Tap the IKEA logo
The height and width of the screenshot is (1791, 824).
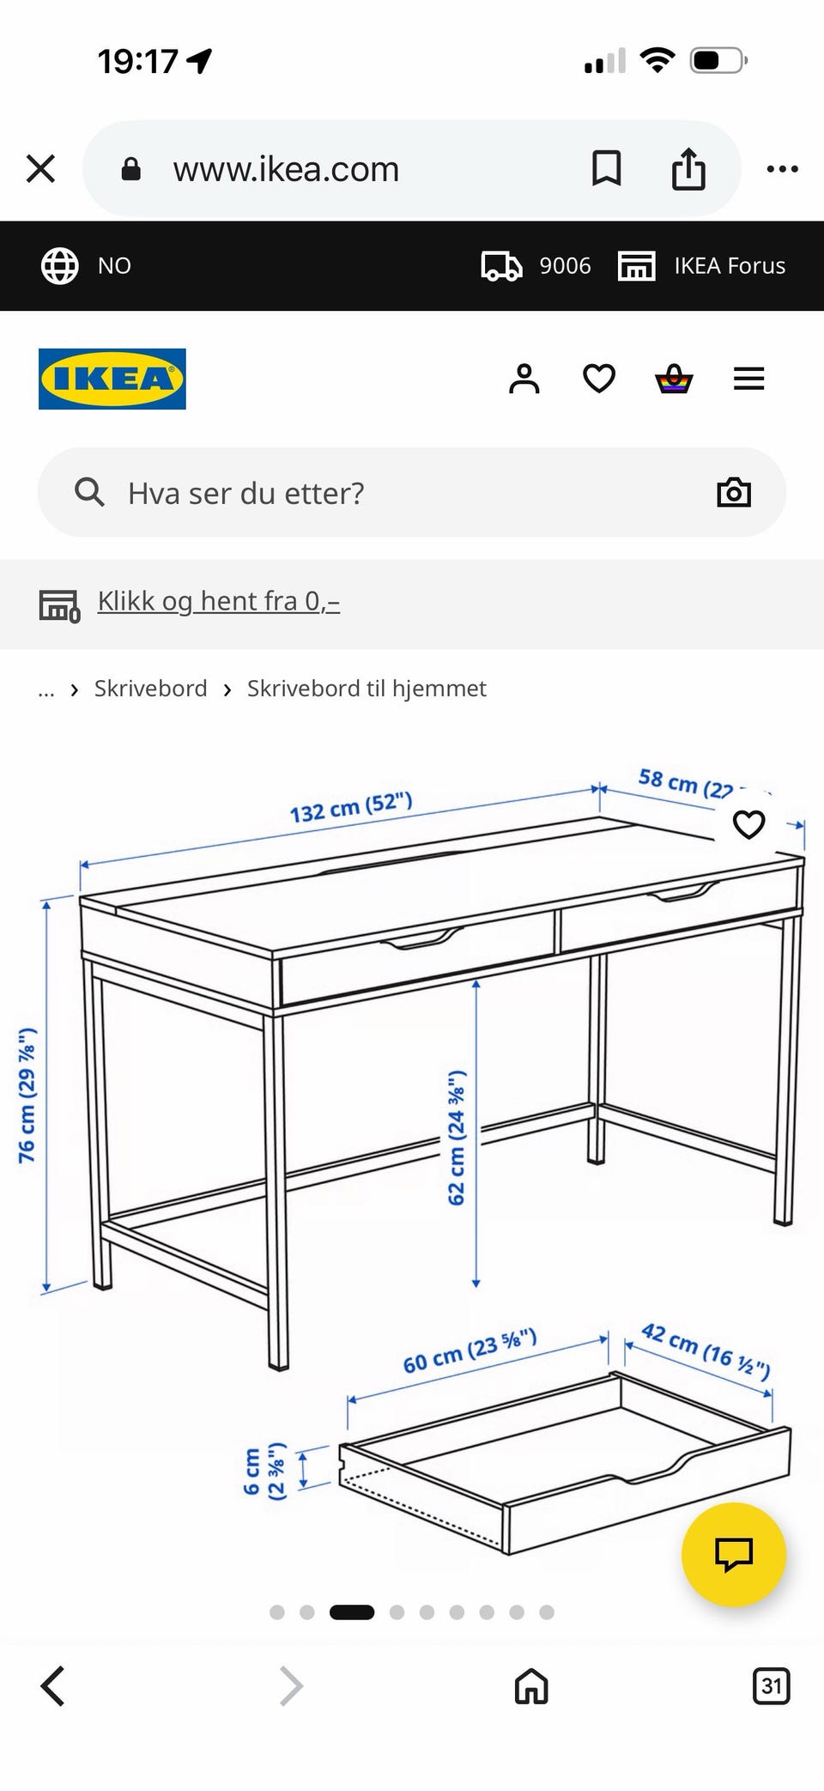coord(112,379)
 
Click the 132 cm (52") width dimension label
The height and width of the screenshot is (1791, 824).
coord(351,807)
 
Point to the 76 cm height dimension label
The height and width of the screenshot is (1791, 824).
coord(27,1095)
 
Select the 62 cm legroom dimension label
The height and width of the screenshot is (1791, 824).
coord(456,1138)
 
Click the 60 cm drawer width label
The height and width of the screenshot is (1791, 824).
coord(470,1351)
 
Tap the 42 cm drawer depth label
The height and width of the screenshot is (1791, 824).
coord(706,1351)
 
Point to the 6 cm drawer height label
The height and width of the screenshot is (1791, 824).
coord(264,1471)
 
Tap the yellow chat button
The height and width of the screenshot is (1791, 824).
coord(733,1554)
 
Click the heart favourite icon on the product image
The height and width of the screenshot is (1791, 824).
coord(748,824)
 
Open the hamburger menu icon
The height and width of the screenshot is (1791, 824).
coord(748,379)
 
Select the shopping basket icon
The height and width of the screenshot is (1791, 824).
coord(674,379)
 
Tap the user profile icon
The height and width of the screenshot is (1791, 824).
coord(524,379)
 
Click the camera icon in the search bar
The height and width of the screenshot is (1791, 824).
coord(734,493)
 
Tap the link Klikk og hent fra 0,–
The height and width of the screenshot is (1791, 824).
coord(219,601)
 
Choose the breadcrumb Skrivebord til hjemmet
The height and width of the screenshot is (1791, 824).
coord(367,689)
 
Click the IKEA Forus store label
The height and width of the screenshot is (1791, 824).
coord(730,266)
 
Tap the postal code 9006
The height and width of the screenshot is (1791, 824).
coord(565,266)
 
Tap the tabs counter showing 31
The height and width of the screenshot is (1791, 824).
coord(771,1685)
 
